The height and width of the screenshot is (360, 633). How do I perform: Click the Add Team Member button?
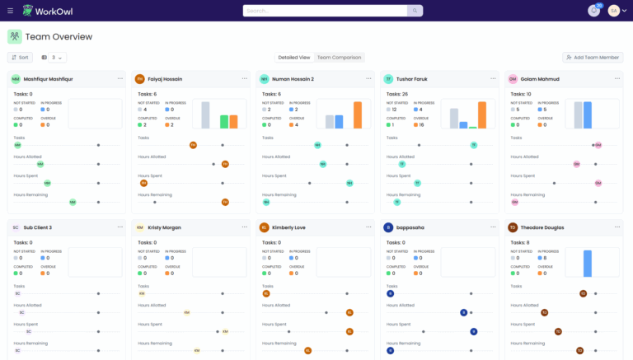tap(592, 58)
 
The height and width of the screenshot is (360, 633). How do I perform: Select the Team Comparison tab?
tap(340, 58)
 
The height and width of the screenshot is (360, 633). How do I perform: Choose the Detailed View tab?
tap(294, 58)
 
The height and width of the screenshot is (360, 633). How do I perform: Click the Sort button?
tap(20, 58)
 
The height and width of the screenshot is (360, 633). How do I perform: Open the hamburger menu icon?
tap(11, 11)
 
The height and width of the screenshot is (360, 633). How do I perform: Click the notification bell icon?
tap(593, 11)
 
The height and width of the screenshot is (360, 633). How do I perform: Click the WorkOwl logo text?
tap(63, 11)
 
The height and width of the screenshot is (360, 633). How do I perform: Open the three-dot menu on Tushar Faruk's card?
tap(493, 79)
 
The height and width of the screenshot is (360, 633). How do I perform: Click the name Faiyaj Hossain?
tap(166, 79)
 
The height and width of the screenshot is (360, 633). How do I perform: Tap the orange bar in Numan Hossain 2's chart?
tap(358, 115)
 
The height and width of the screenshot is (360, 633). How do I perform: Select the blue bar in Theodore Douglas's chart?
tap(588, 264)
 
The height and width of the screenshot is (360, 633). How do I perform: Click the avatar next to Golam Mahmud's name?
tap(513, 79)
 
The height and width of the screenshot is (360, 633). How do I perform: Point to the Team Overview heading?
tap(59, 36)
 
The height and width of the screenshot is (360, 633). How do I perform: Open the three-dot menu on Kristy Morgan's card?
tap(245, 227)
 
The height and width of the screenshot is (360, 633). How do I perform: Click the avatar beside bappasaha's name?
tap(388, 227)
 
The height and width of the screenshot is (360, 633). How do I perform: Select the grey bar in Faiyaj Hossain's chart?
tap(206, 115)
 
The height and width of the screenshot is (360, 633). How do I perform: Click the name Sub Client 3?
tap(38, 227)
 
